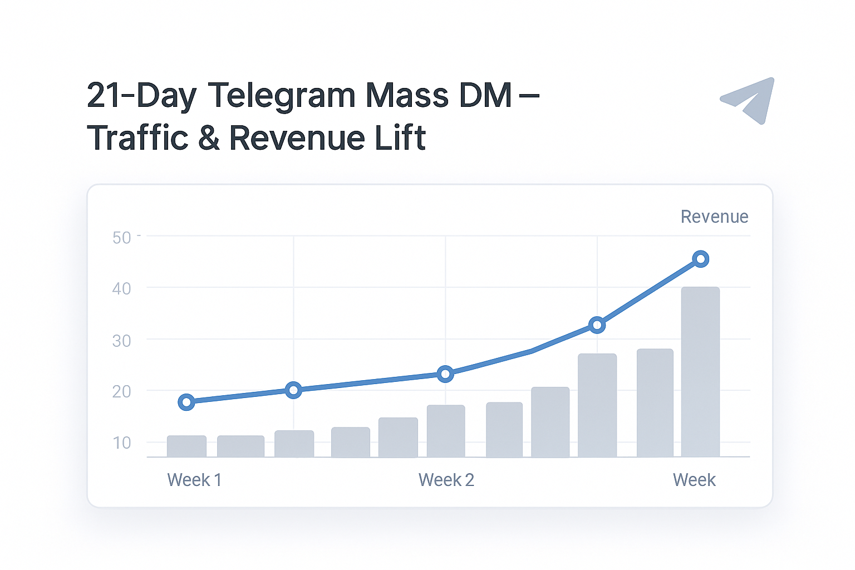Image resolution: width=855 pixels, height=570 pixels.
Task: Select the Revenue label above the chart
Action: coord(714,217)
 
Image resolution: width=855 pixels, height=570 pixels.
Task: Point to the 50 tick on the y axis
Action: coord(122,238)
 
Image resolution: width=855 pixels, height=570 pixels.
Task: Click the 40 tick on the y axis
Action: coord(122,289)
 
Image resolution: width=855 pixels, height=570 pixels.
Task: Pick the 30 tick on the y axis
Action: coord(122,341)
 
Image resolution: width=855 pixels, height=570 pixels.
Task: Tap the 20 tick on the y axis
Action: coord(122,392)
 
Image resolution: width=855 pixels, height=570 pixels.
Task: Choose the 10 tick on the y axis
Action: coord(122,443)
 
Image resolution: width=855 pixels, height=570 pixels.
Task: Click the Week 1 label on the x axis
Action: coord(194,480)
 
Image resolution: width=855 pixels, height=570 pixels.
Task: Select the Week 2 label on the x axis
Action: coord(446,480)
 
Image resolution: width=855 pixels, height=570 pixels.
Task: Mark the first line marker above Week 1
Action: coord(186,402)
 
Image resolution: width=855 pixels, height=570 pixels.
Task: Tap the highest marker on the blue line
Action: coord(701,259)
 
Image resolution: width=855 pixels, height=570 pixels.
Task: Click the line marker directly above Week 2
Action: coord(445,374)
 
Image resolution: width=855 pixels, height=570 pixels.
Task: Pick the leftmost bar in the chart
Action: coord(186,446)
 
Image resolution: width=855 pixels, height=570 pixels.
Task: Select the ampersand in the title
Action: coord(209,138)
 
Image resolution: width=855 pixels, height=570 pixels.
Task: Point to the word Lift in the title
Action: coord(400,138)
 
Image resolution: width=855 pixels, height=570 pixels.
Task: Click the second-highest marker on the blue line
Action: coord(597,325)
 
